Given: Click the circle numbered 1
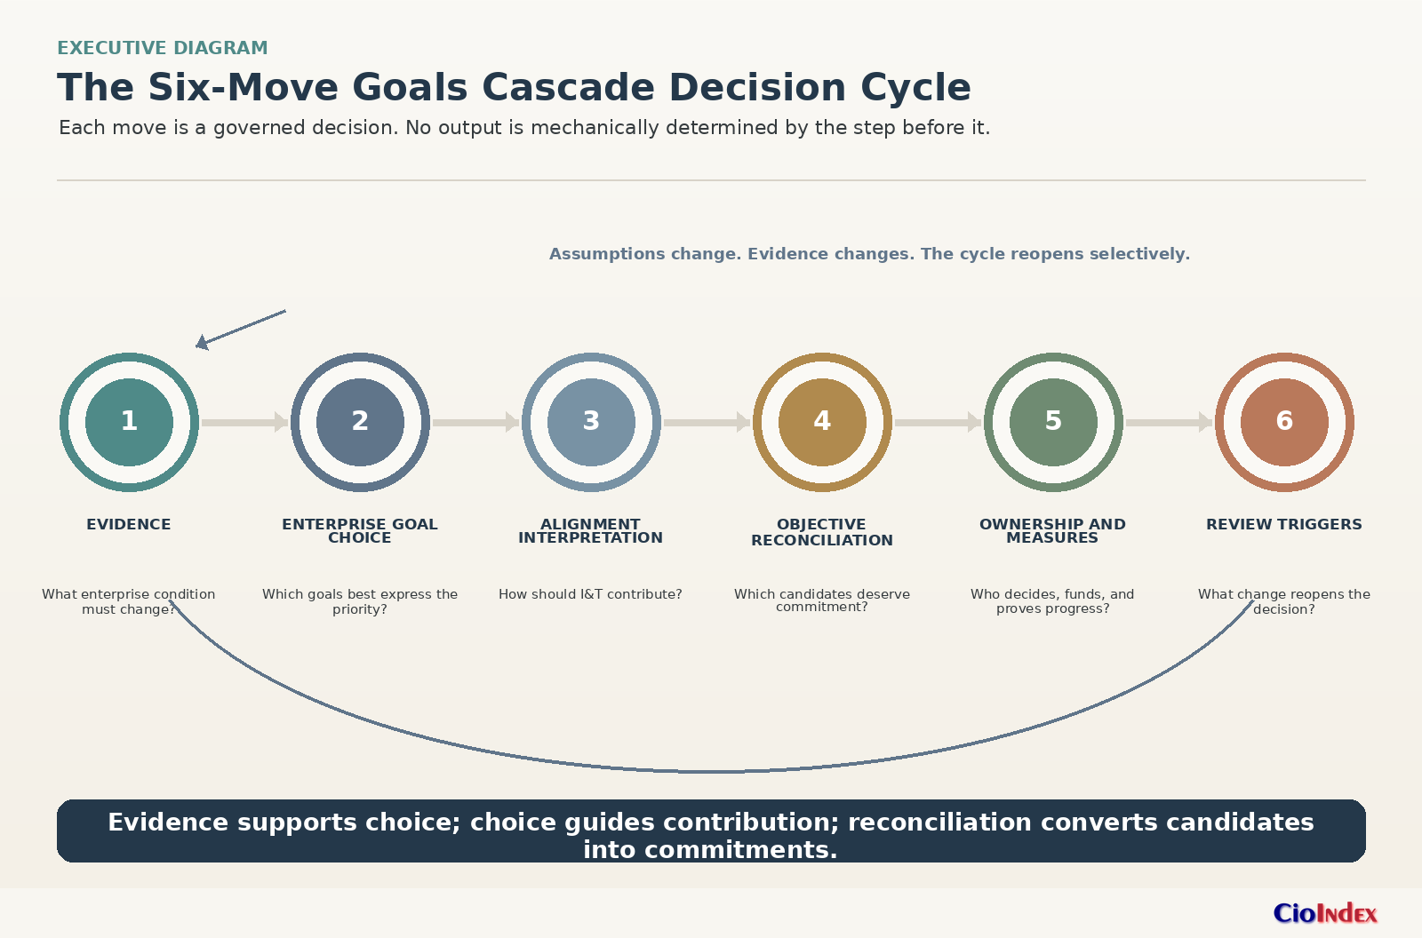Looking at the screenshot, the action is point(129,422).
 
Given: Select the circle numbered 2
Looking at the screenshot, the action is point(360,422).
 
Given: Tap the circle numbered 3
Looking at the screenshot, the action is point(591,422).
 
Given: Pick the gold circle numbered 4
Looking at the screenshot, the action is point(822,422).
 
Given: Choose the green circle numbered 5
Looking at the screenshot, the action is point(1053,422).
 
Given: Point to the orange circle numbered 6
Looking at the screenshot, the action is point(1284,422).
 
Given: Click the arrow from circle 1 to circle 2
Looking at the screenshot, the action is point(245,422).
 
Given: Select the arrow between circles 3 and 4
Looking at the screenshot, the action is point(707,422).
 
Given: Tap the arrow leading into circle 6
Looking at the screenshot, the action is point(1170,422).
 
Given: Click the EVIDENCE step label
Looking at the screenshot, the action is point(129,524).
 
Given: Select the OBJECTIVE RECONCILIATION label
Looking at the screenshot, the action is point(822,532).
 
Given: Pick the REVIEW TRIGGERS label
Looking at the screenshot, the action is point(1284,524).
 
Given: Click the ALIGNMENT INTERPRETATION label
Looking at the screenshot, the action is point(591,531).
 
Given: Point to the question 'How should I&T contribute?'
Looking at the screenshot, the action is point(590,594).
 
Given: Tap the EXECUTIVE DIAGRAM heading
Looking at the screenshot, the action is point(163,48).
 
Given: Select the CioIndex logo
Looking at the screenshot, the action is point(1325,913).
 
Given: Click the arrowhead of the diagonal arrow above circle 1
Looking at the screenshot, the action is point(201,344).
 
